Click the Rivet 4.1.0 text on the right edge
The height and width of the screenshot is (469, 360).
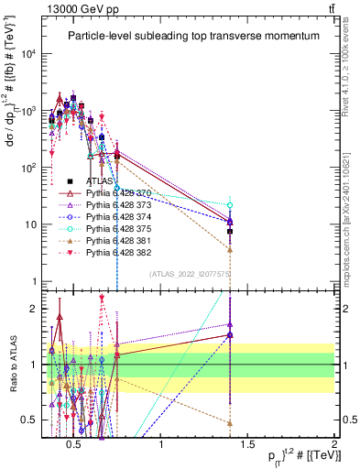click(x=352, y=73)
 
